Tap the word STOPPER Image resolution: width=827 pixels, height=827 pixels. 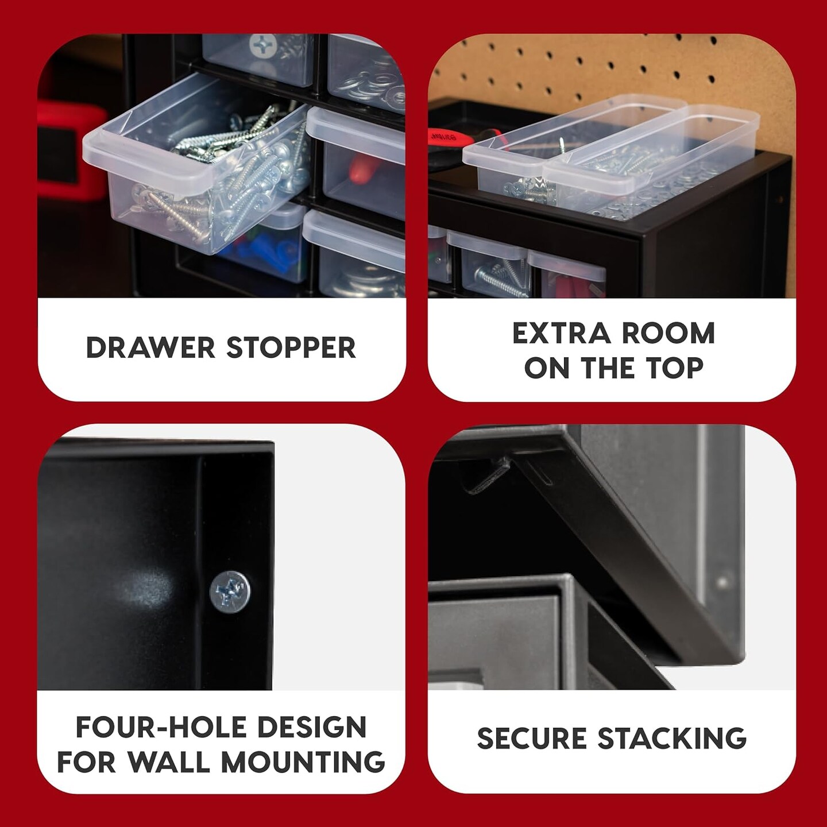(x=291, y=348)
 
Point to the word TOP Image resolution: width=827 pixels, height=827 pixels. (x=676, y=368)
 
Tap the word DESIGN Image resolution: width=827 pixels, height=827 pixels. (x=311, y=727)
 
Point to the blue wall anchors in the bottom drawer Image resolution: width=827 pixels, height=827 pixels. (x=270, y=253)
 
